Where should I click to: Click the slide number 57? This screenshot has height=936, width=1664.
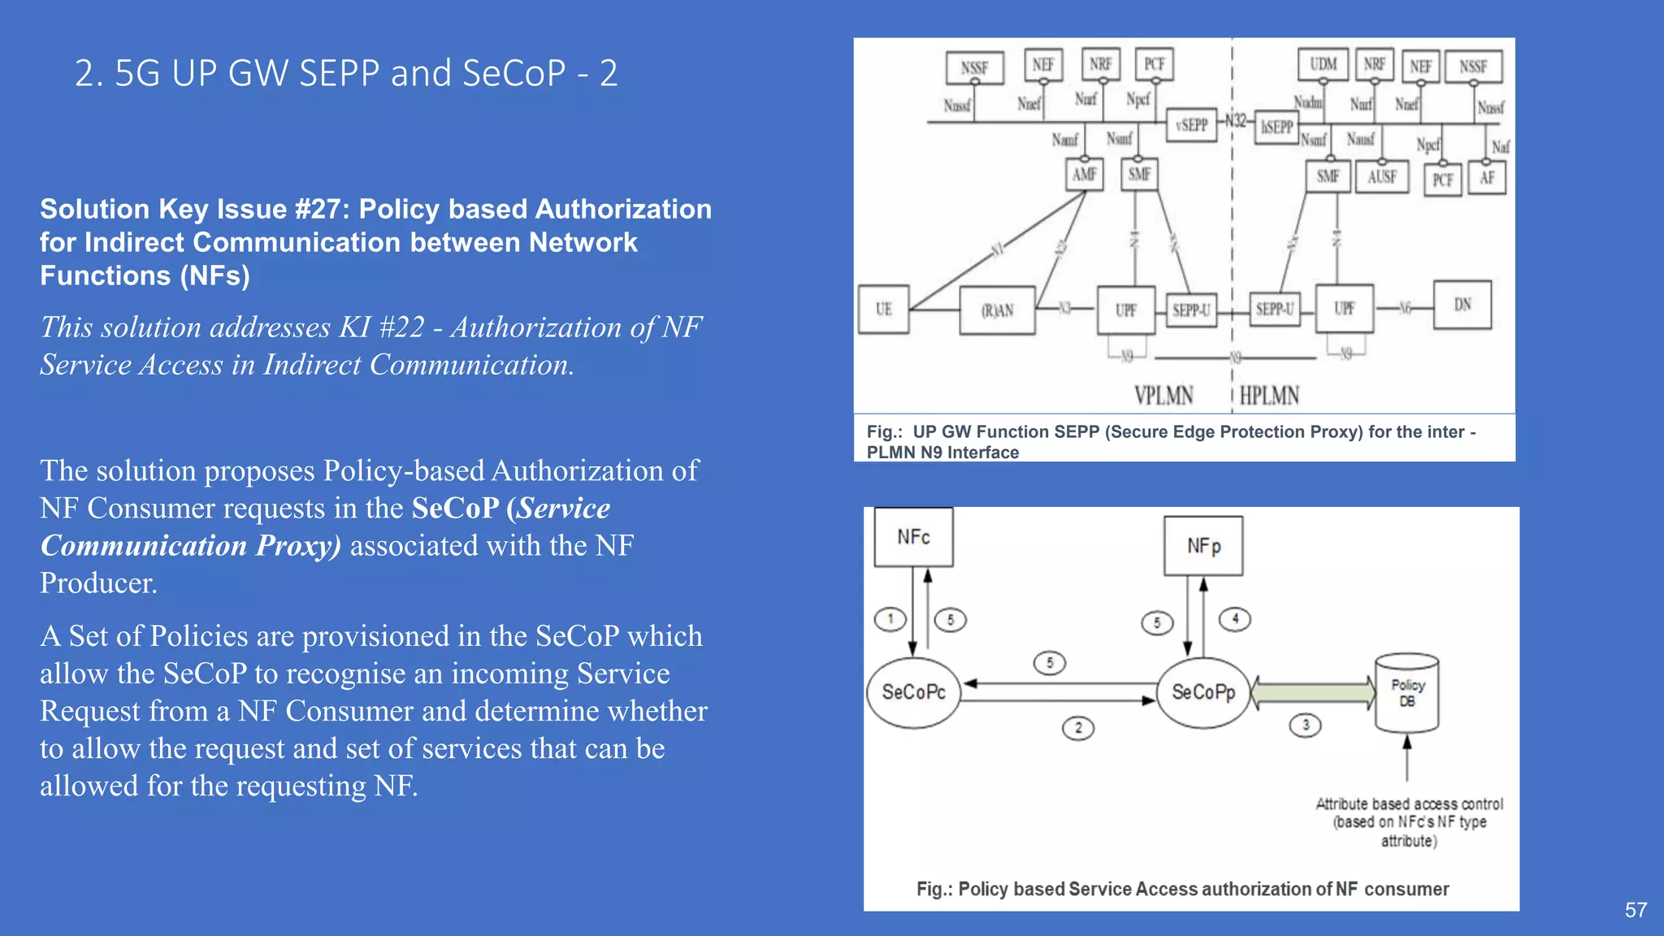coord(1635,910)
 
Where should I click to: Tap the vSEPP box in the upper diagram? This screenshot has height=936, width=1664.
coord(1192,125)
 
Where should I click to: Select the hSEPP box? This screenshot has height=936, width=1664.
coord(1276,128)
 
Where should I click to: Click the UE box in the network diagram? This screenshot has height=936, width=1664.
coord(884,310)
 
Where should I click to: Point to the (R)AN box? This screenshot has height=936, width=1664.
coord(998,310)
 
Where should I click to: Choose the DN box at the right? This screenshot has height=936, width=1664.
coord(1462,305)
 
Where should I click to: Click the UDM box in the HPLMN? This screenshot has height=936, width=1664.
coord(1323,64)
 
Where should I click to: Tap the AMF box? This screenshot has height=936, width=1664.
coord(1084,175)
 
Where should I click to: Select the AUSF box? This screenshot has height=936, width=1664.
coord(1381,176)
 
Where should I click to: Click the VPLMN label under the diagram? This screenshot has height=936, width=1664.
coord(1163,396)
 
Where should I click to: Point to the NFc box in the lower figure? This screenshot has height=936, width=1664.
coord(913,537)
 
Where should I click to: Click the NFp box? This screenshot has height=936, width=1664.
coord(1203,546)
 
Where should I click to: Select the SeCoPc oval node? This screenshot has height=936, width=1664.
coord(914,692)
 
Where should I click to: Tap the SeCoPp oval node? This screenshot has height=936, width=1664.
coord(1203,692)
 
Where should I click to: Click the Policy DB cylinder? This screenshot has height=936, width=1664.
coord(1407,693)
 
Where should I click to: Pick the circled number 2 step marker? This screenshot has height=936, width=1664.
coord(1078,728)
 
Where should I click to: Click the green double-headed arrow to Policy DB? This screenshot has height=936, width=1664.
coord(1312,692)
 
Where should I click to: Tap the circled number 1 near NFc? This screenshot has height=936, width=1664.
coord(890,619)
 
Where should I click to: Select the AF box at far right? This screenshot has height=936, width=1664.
coord(1487,178)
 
